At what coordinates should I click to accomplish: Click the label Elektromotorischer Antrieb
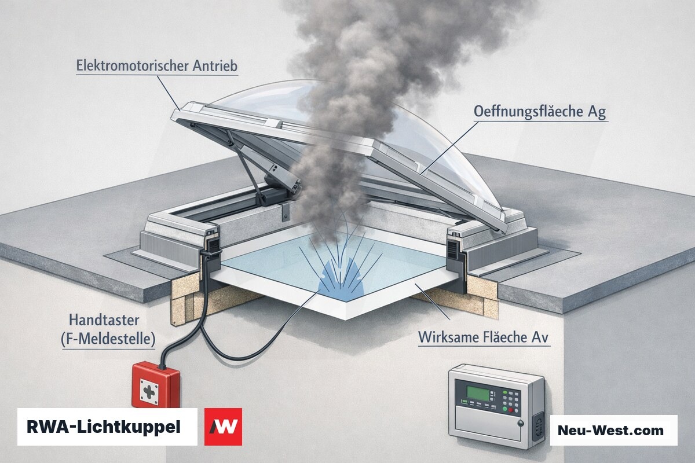coord(157,66)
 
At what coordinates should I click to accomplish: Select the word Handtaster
coord(104,320)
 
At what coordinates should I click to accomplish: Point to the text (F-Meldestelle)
coord(108,339)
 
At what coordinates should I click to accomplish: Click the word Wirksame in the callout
coord(447,337)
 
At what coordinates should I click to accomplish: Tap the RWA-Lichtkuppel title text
coord(104,427)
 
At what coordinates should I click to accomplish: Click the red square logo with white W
coord(223,427)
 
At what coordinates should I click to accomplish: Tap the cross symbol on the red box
coord(149,392)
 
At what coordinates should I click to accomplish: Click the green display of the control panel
coord(478,393)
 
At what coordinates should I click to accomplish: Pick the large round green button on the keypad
coord(505,409)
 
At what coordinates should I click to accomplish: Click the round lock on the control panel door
coord(521,423)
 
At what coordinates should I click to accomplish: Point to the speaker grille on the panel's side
coord(538,426)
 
